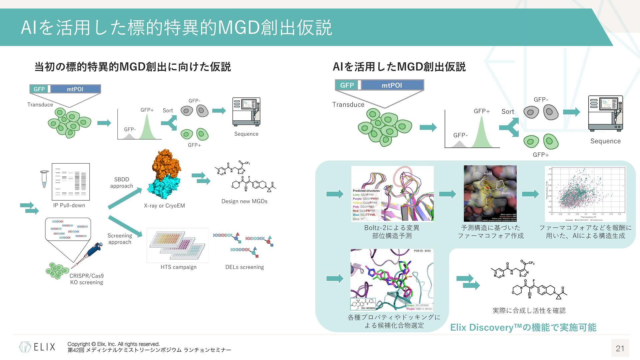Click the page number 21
[x=620, y=348]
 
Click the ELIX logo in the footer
[x=37, y=347]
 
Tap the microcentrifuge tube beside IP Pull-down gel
[x=44, y=179]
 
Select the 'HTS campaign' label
[x=178, y=267]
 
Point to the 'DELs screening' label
[x=244, y=267]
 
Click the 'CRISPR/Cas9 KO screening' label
[x=87, y=279]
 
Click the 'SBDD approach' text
[x=121, y=183]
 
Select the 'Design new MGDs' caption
[x=244, y=201]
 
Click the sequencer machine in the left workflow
[x=246, y=112]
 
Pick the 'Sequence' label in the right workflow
[x=605, y=141]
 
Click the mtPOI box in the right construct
[x=392, y=85]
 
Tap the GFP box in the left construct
[x=39, y=89]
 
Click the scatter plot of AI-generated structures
[x=585, y=194]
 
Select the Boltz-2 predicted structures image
[x=392, y=193]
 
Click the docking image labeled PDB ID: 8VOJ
[x=392, y=280]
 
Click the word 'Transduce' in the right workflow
[x=348, y=105]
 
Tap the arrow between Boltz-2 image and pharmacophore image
[x=448, y=194]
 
